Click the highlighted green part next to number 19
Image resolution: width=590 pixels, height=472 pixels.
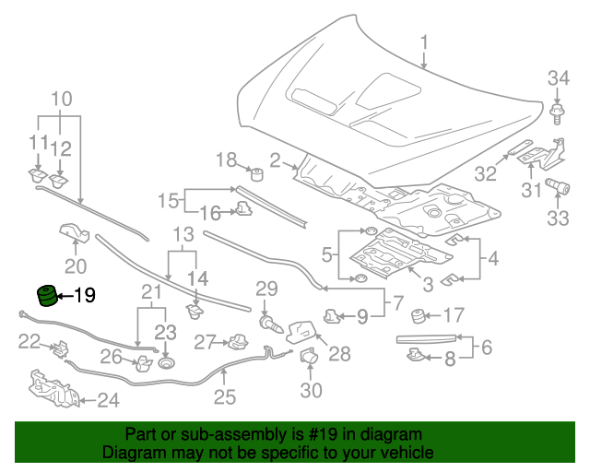[45, 296]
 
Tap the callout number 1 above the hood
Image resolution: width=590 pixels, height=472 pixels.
[424, 42]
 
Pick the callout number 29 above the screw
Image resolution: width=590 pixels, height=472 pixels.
[266, 289]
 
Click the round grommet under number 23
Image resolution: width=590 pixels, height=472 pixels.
[166, 363]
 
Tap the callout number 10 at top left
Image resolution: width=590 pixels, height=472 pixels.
[61, 99]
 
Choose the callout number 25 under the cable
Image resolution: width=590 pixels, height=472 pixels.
[225, 398]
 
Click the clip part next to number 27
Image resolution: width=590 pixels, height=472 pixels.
[236, 343]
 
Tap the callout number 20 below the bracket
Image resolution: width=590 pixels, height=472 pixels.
[75, 266]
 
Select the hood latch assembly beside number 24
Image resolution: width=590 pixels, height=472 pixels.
[53, 388]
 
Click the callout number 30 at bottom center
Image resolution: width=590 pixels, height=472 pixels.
[311, 391]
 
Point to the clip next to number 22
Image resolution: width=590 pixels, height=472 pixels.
[61, 348]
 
